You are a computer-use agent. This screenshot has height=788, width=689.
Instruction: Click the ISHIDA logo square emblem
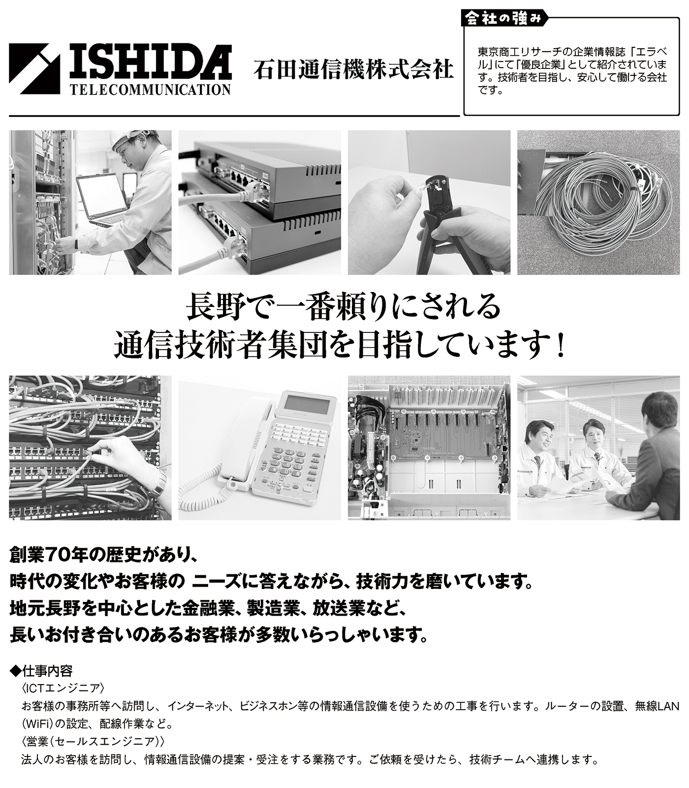click(x=34, y=69)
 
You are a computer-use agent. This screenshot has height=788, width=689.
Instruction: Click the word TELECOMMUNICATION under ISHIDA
click(x=150, y=89)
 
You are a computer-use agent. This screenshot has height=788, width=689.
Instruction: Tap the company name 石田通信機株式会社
click(x=353, y=69)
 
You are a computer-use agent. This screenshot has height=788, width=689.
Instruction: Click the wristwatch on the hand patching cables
click(x=158, y=484)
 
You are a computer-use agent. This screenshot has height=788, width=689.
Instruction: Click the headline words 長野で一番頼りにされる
click(x=343, y=306)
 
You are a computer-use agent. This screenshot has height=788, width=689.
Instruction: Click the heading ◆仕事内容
click(x=41, y=671)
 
